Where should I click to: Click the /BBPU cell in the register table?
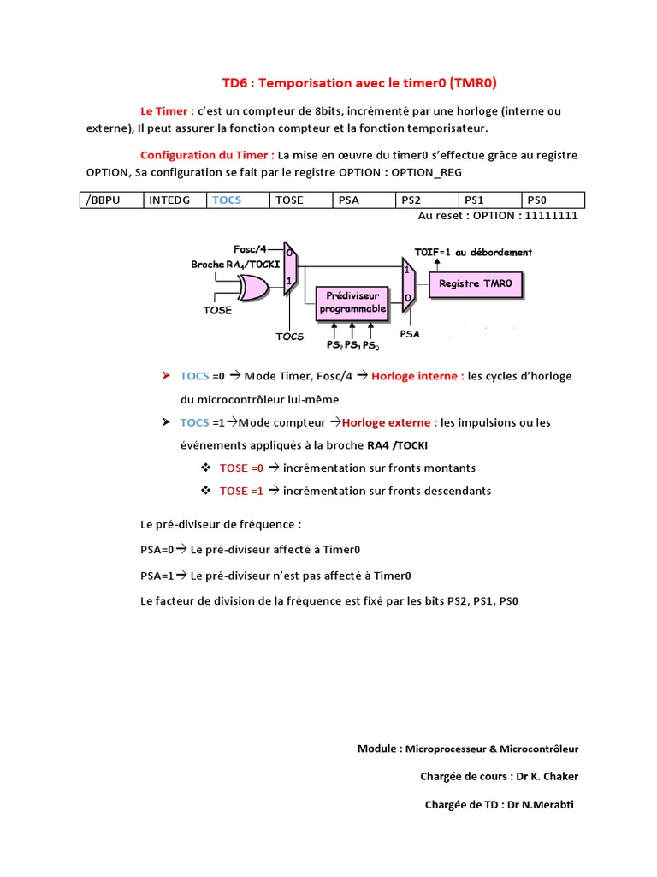coord(110,200)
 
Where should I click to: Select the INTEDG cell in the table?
coord(173,200)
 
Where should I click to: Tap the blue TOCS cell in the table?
coord(235,200)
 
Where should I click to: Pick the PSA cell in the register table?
coord(363,200)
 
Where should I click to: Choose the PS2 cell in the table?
coord(426,200)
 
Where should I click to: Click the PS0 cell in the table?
coord(553,200)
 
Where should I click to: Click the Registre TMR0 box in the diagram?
coord(476,283)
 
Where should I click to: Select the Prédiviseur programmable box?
coord(352,302)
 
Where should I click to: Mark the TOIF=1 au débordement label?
coord(473,253)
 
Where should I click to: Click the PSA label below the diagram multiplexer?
coord(411,334)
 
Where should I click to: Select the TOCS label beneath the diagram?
coord(290,337)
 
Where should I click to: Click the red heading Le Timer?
coord(167,111)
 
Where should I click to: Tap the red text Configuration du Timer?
coord(207,155)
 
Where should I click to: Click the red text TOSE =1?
coord(241,491)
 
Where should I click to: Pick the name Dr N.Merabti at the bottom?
coord(541,805)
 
